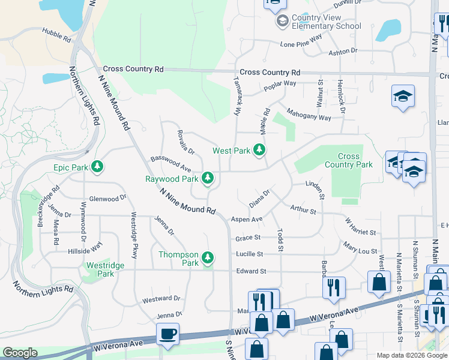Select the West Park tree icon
click(259, 150)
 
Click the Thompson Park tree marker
click(208, 258)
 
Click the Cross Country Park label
click(348, 160)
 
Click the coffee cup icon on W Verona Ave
click(167, 333)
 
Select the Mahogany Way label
click(309, 113)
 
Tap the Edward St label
click(251, 271)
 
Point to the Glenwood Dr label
click(107, 198)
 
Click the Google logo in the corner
click(20, 353)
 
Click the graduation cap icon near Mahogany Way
click(403, 96)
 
